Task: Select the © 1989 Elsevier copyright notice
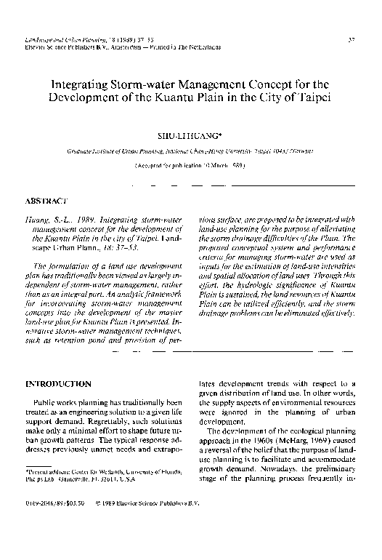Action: point(145,522)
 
